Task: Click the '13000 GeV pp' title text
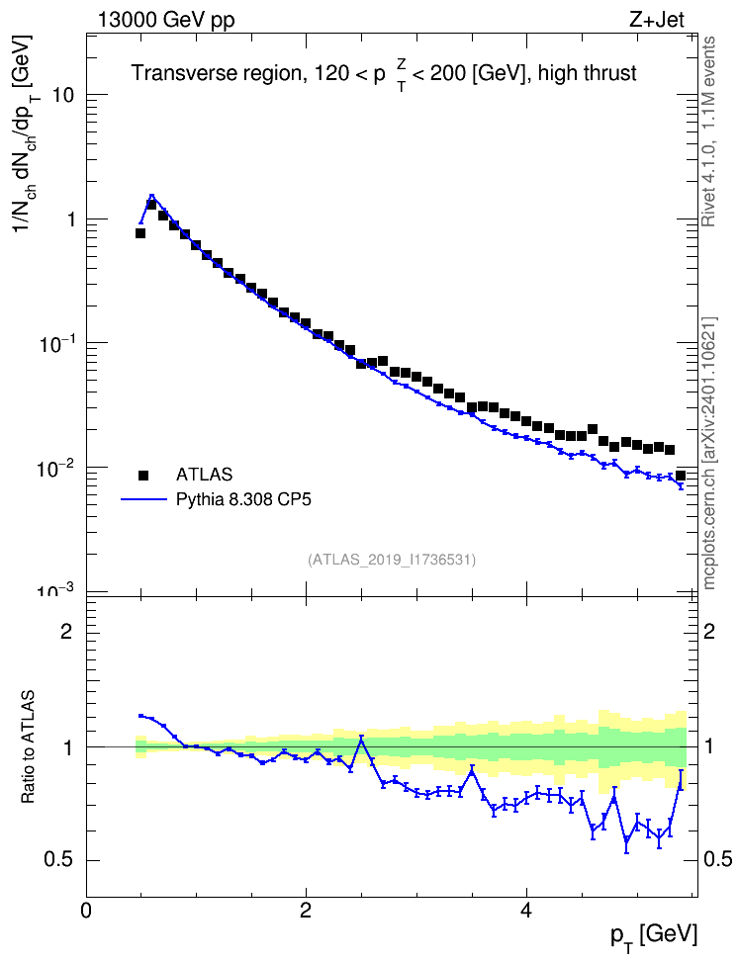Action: [x=166, y=21]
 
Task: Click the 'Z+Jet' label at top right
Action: [x=657, y=20]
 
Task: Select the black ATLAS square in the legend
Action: [x=143, y=475]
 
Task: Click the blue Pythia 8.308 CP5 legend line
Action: [x=144, y=500]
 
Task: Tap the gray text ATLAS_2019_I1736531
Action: [x=392, y=560]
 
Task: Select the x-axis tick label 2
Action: [x=306, y=911]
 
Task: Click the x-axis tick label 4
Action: [x=525, y=911]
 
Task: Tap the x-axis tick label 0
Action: [x=86, y=911]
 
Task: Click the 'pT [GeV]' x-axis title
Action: [x=654, y=937]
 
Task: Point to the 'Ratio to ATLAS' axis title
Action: [x=29, y=747]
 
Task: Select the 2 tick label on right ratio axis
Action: [x=709, y=632]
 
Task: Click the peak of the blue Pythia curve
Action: [x=151, y=196]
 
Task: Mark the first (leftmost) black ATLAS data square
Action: [x=140, y=233]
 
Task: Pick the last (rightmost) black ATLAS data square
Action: [x=681, y=476]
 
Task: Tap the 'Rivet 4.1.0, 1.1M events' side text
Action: [x=708, y=131]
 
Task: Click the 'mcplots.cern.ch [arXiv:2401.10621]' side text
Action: [x=709, y=454]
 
